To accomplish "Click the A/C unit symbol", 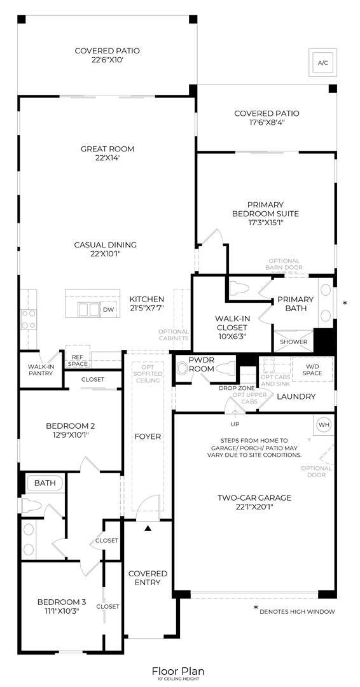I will coord(322,62).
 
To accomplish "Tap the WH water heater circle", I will coord(322,424).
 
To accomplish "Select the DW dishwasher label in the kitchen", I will coord(109,310).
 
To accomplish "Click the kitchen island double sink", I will coord(88,310).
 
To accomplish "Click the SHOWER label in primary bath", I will coord(294,342).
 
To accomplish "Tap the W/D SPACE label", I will coord(312,369).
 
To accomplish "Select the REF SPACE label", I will coord(78,360).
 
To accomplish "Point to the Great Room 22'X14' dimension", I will coord(107,159).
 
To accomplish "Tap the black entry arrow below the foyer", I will coord(148,528).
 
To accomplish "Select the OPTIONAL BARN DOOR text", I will coord(284,264).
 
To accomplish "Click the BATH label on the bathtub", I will coord(45,483).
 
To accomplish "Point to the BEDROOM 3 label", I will coord(61,602).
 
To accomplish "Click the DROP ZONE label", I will coord(237,388).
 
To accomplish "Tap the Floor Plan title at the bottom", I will coord(178,671).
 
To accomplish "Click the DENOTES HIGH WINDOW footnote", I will coord(297,611).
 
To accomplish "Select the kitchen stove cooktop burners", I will coord(29,319).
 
